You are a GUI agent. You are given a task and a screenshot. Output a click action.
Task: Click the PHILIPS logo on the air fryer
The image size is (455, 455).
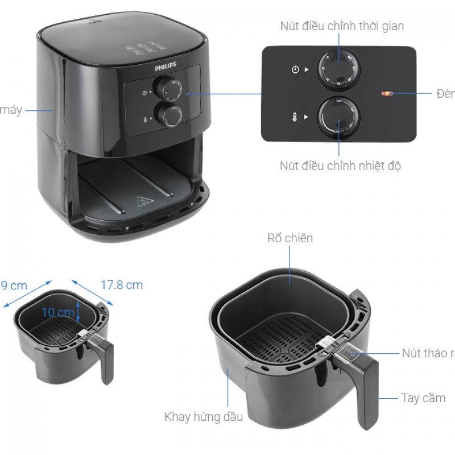(166, 67)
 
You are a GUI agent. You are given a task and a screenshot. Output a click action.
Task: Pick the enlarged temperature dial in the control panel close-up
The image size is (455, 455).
(339, 117)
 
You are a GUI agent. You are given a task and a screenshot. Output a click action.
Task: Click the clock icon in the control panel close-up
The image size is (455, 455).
(295, 70)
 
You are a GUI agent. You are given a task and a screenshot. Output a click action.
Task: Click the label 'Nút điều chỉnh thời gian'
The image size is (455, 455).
(342, 26)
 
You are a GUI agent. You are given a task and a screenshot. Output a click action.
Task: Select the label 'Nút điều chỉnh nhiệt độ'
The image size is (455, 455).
(341, 166)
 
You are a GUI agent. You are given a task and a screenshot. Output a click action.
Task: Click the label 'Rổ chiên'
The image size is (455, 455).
(289, 238)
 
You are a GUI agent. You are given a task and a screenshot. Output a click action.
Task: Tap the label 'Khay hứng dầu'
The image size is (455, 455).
(204, 417)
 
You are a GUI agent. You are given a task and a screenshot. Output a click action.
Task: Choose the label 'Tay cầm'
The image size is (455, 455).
(423, 398)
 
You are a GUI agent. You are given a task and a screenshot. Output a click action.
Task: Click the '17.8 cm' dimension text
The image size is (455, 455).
(122, 284)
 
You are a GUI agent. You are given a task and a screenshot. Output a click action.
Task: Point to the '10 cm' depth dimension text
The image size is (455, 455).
(57, 312)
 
